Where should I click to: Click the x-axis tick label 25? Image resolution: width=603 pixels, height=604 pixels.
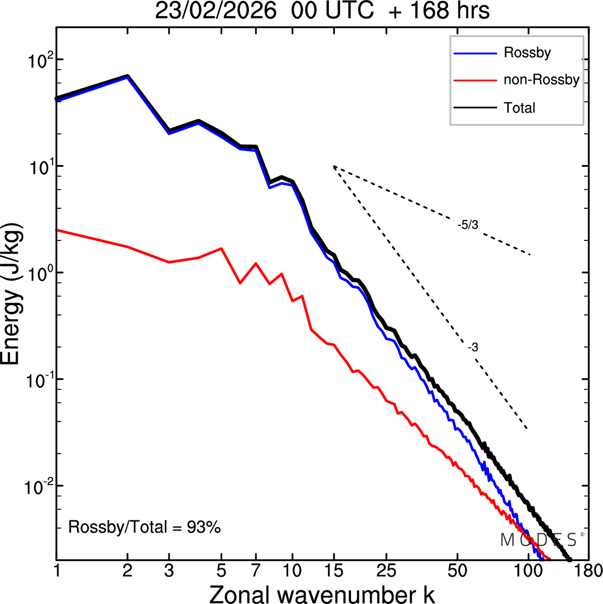(x=386, y=571)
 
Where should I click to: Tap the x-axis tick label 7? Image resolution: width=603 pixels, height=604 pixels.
(x=256, y=571)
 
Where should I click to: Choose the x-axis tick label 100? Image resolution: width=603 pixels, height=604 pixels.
(x=528, y=571)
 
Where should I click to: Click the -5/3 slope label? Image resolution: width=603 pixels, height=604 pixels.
(x=468, y=225)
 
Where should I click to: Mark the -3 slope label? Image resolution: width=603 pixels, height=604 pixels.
(x=473, y=348)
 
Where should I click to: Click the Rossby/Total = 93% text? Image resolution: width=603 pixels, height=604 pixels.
(x=145, y=527)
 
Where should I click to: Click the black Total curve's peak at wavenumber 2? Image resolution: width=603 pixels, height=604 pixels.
(x=127, y=75)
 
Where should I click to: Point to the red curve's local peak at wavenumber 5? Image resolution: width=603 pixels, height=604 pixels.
(x=221, y=248)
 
